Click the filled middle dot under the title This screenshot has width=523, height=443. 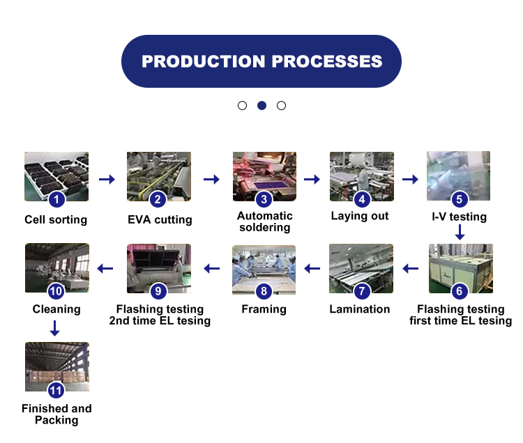click(261, 106)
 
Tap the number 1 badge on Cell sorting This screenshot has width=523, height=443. click(56, 200)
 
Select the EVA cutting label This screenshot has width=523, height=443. click(160, 220)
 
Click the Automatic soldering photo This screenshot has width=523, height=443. click(264, 176)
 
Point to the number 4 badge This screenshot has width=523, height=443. click(361, 199)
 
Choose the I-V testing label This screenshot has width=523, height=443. click(459, 217)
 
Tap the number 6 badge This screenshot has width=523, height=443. click(459, 291)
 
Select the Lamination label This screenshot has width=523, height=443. click(360, 309)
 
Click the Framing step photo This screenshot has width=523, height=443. click(264, 268)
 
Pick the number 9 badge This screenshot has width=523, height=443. click(158, 291)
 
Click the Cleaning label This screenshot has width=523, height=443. click(56, 309)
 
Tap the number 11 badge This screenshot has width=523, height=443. click(56, 390)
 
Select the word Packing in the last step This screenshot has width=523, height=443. click(56, 420)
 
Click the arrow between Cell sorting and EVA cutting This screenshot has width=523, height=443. click(107, 180)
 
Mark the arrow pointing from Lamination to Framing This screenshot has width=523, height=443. click(312, 268)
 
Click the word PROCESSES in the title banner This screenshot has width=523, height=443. click(327, 61)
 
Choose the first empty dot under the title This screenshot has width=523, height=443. click(242, 106)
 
